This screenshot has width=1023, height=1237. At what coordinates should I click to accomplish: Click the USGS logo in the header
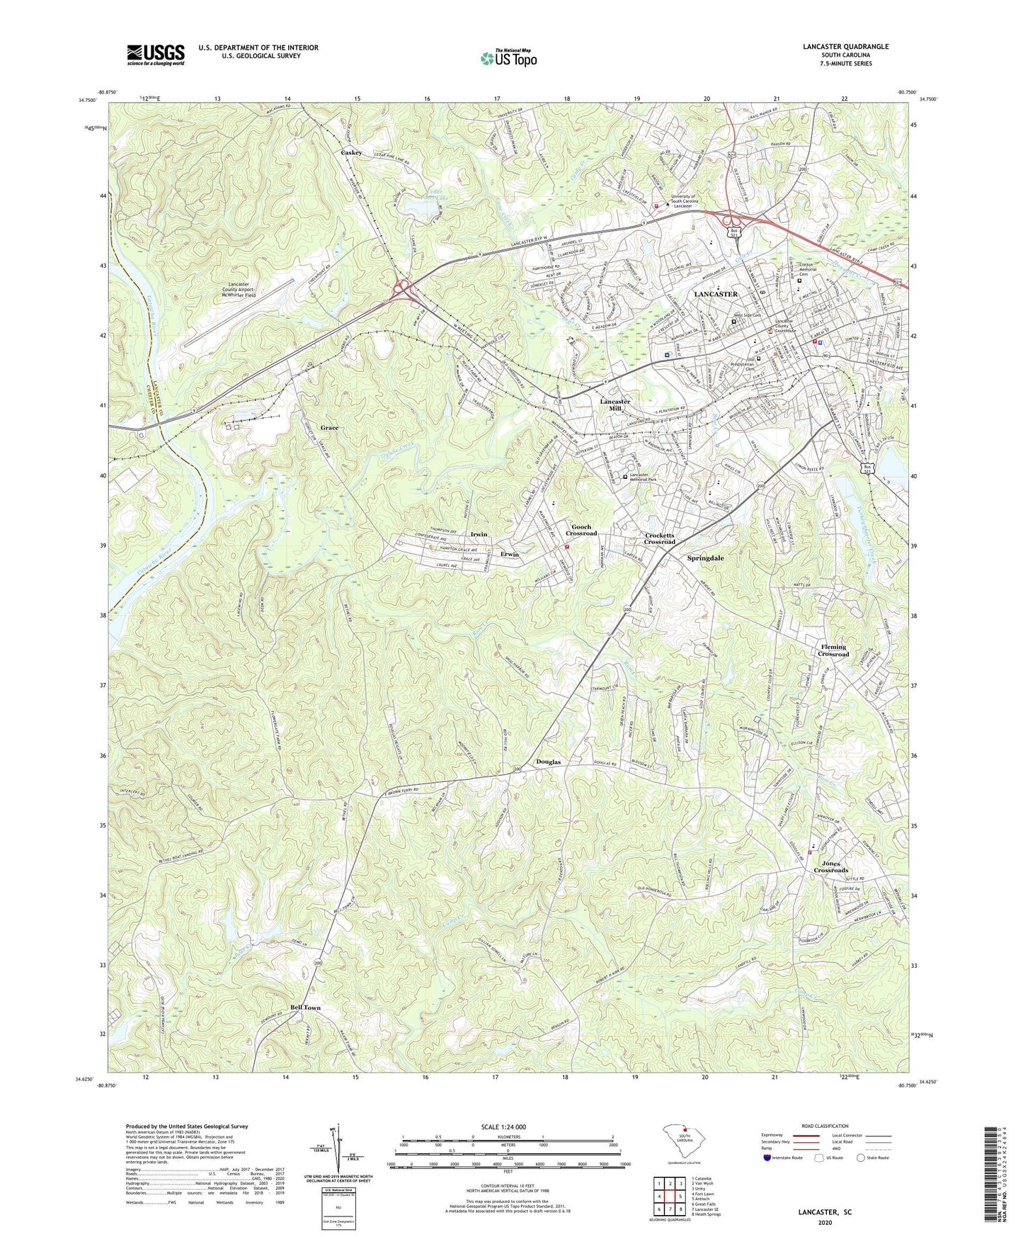tap(156, 55)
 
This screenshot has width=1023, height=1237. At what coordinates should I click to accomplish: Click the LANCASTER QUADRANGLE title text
tap(845, 47)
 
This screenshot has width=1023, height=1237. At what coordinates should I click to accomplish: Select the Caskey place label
tap(352, 153)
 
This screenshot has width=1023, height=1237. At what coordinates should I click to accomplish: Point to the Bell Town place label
tap(305, 1007)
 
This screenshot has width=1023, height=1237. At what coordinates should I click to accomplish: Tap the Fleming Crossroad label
tap(833, 650)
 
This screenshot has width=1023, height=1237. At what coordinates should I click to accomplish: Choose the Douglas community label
tap(548, 762)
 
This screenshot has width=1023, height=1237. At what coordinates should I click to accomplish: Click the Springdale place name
tap(705, 558)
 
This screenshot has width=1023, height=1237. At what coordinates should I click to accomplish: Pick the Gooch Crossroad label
tap(581, 530)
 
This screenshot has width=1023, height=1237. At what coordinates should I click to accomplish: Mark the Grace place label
tap(329, 428)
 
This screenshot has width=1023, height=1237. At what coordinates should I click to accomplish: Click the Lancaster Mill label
tap(615, 405)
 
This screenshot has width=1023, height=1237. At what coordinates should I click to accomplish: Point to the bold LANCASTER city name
tap(715, 294)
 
